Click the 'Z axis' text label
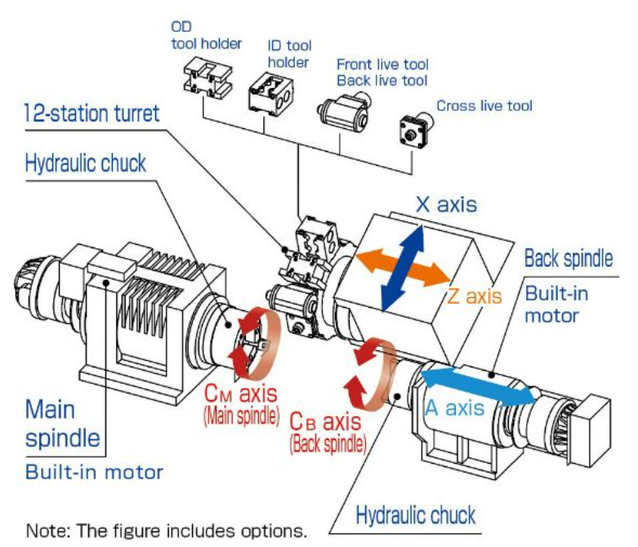[474, 295]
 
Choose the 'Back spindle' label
[567, 259]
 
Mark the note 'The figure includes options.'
[167, 531]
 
